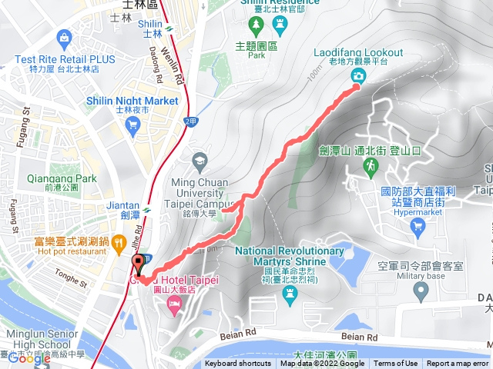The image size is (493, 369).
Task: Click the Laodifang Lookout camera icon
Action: tap(359, 75)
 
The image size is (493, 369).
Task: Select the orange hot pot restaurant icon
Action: tap(118, 244)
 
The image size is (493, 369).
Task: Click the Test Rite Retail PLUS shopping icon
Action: tap(62, 37)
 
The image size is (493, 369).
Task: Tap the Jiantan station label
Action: tap(129, 206)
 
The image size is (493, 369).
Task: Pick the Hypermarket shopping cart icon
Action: tap(418, 226)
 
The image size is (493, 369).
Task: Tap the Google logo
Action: tap(29, 358)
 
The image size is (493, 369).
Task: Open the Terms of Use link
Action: tap(395, 364)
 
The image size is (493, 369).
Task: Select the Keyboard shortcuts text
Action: tap(238, 364)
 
